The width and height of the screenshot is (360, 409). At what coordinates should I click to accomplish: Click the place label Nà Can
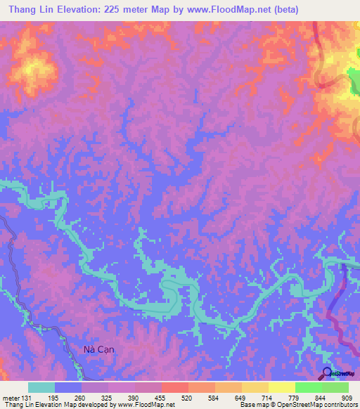click(x=94, y=349)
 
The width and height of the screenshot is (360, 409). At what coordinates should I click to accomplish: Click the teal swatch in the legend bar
click(x=41, y=387)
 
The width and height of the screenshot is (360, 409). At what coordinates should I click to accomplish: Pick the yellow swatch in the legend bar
click(x=255, y=387)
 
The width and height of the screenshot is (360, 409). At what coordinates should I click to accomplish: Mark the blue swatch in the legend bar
click(x=68, y=387)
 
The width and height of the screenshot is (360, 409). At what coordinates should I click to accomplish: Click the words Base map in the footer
click(x=254, y=405)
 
